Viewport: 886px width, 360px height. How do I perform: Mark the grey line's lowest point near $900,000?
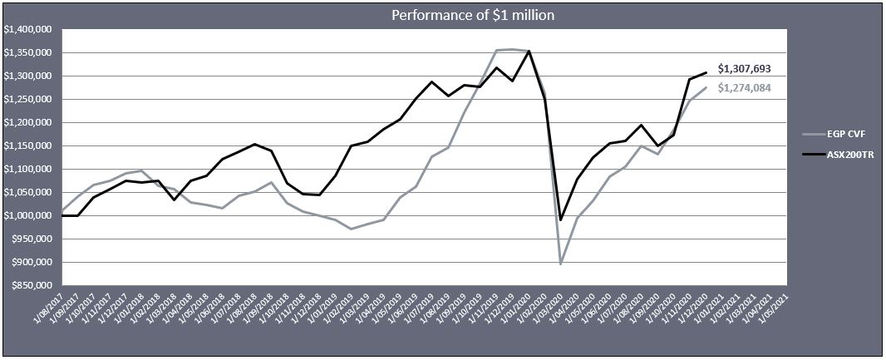561,264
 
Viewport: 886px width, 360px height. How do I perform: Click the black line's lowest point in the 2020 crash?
561,219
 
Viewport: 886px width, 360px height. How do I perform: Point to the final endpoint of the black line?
706,72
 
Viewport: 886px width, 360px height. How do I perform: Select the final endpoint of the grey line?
706,88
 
